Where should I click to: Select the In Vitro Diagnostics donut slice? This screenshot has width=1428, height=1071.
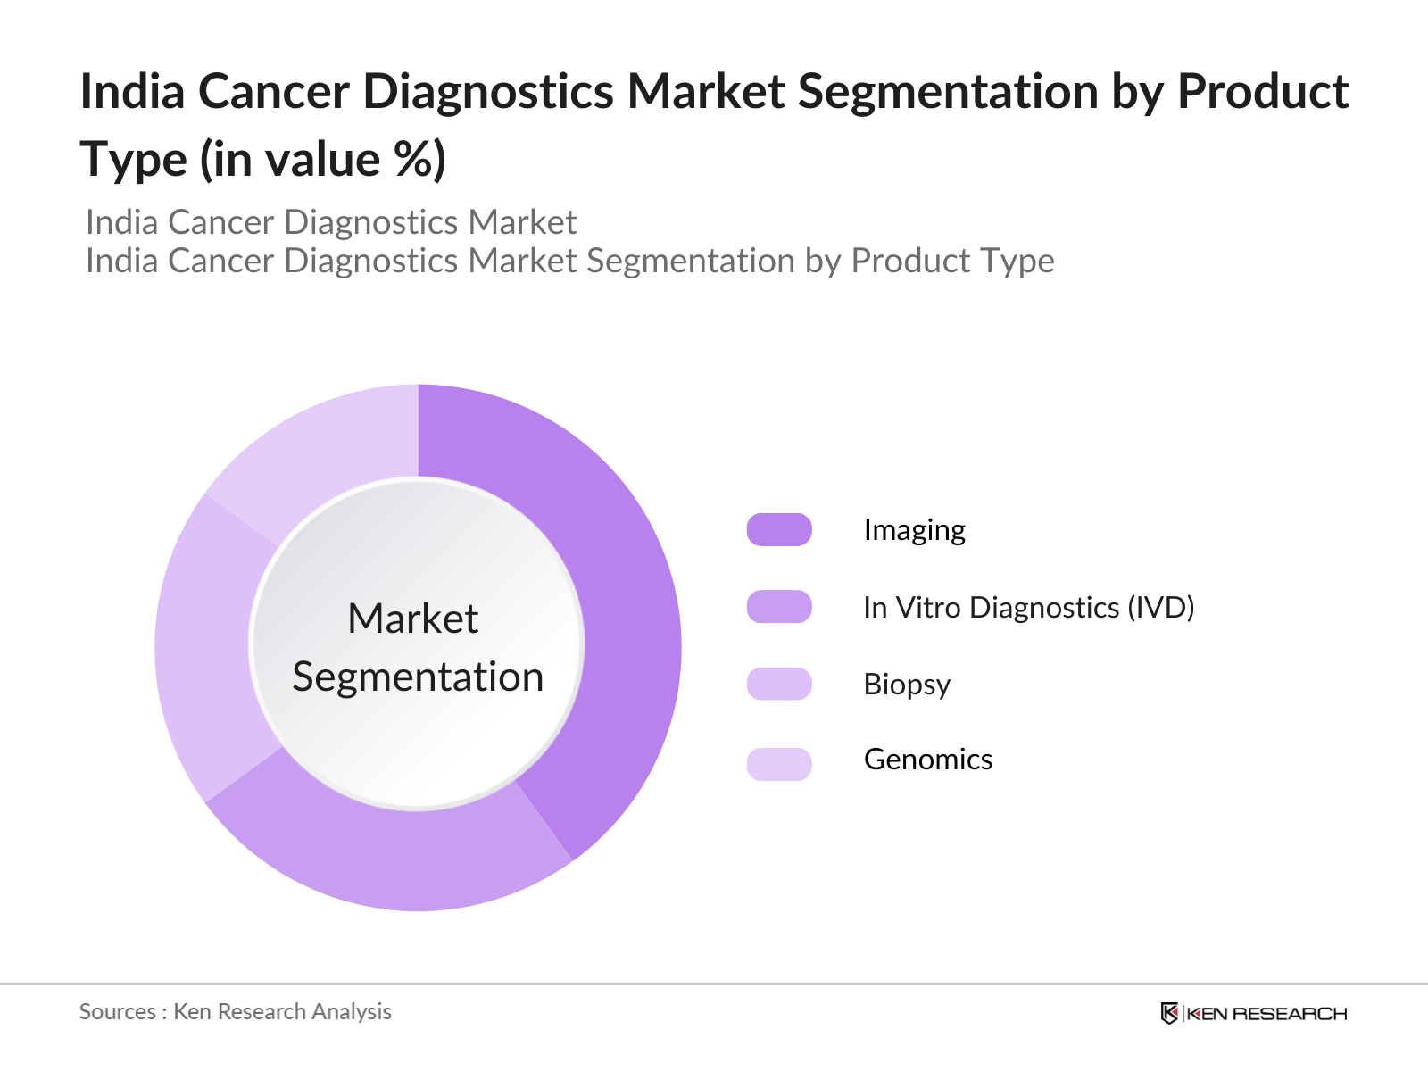(393, 857)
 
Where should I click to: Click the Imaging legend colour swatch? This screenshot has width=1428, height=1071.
(779, 529)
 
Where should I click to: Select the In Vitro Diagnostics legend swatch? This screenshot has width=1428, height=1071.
(779, 607)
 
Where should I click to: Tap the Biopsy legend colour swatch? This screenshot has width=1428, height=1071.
(779, 684)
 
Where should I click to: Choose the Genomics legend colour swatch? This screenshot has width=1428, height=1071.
(779, 763)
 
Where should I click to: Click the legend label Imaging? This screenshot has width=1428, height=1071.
(914, 530)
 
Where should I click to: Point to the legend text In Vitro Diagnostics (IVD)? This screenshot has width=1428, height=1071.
(1028, 608)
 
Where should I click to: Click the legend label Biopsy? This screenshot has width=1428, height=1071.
(907, 685)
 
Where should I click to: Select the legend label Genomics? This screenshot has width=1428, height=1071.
(927, 760)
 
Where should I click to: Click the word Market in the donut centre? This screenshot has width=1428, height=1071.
(413, 619)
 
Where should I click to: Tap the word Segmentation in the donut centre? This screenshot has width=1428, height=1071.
(418, 677)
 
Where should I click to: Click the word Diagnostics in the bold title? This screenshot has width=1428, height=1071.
(487, 92)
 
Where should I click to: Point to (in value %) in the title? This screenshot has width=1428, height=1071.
(322, 161)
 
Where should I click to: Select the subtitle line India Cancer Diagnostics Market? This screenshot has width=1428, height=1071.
(331, 222)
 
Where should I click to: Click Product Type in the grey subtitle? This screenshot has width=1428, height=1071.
(952, 261)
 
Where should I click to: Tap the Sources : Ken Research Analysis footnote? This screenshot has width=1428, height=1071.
(236, 1011)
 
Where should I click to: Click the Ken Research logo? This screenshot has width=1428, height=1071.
(1253, 1013)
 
